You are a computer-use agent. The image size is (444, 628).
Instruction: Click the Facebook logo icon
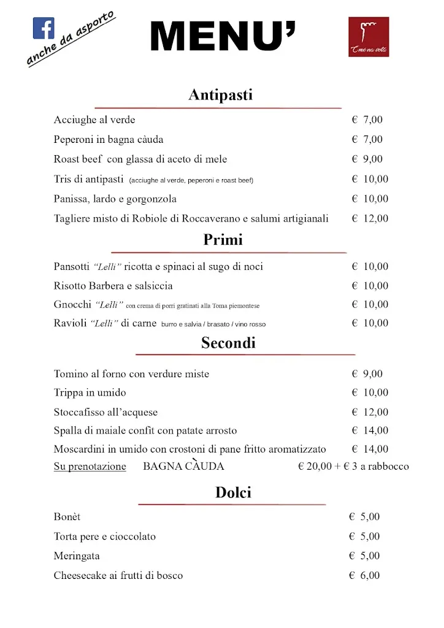tap(44, 28)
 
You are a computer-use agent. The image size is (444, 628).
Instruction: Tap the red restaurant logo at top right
tap(369, 37)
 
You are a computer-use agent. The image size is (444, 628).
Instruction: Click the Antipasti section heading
tap(220, 95)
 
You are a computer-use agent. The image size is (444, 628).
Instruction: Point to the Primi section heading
tap(223, 240)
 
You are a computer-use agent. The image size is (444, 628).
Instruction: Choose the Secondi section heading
tap(228, 343)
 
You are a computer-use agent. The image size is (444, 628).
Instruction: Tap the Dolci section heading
tap(233, 492)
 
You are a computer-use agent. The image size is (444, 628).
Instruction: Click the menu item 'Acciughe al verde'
tap(94, 120)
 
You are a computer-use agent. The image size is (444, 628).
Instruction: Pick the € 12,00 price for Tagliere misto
tap(370, 218)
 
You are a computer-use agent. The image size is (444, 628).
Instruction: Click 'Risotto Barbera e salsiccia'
tap(113, 286)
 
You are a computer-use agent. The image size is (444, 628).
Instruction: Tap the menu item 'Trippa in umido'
tap(90, 392)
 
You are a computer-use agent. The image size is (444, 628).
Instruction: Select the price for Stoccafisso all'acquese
tap(370, 412)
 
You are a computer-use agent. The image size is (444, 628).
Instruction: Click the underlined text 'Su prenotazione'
tap(90, 467)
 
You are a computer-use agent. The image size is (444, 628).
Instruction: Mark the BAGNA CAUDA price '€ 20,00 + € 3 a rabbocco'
tap(353, 467)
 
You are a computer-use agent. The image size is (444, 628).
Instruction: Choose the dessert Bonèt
tap(67, 517)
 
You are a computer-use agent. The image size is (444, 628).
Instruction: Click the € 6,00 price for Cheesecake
tap(364, 575)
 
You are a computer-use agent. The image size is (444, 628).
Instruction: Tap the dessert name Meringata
tap(77, 556)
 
